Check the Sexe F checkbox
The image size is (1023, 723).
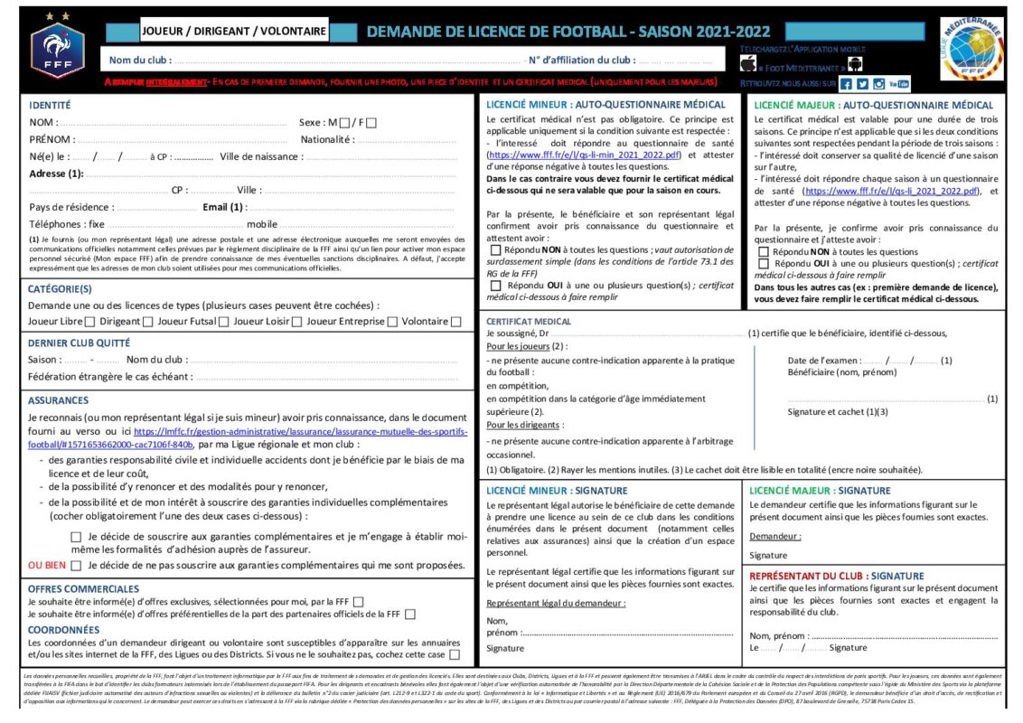pos(371,122)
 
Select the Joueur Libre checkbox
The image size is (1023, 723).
pos(91,322)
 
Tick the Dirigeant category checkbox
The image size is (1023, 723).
pos(147,322)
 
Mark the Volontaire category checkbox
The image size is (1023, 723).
pos(455,322)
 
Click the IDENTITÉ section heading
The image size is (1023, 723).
pos(51,105)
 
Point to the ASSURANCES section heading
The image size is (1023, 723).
pos(58,400)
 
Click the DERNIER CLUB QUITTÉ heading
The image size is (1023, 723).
pos(79,343)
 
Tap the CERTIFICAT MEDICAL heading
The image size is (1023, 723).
pos(529,321)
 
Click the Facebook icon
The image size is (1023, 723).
pos(846,84)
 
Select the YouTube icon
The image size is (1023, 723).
pos(898,84)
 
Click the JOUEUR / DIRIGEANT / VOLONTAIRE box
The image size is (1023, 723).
pos(234,32)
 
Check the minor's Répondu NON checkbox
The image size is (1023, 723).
pos(494,249)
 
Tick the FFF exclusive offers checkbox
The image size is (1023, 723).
pos(359,602)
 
